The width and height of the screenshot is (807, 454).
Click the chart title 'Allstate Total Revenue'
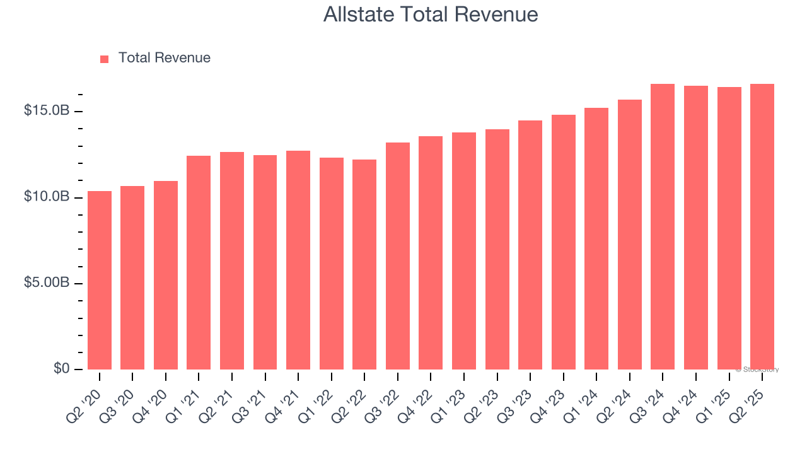coord(431,14)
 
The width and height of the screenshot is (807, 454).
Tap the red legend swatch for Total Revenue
coord(105,59)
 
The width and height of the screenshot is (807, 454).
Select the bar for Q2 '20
coord(100,281)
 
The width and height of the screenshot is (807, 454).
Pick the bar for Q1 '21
coord(199,263)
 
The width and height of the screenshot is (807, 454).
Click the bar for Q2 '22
coord(364,265)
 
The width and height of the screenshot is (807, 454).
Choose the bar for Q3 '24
coord(663,227)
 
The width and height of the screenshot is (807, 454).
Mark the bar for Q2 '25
coord(762,227)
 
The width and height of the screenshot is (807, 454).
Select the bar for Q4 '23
coord(563,242)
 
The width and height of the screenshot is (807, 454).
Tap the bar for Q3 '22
coord(398,256)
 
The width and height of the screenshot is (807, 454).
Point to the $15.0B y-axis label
coord(47,111)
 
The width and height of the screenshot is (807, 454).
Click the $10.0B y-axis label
coord(47,197)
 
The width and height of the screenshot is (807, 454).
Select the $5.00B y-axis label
coord(47,282)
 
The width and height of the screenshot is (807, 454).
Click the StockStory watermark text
coord(757,370)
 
